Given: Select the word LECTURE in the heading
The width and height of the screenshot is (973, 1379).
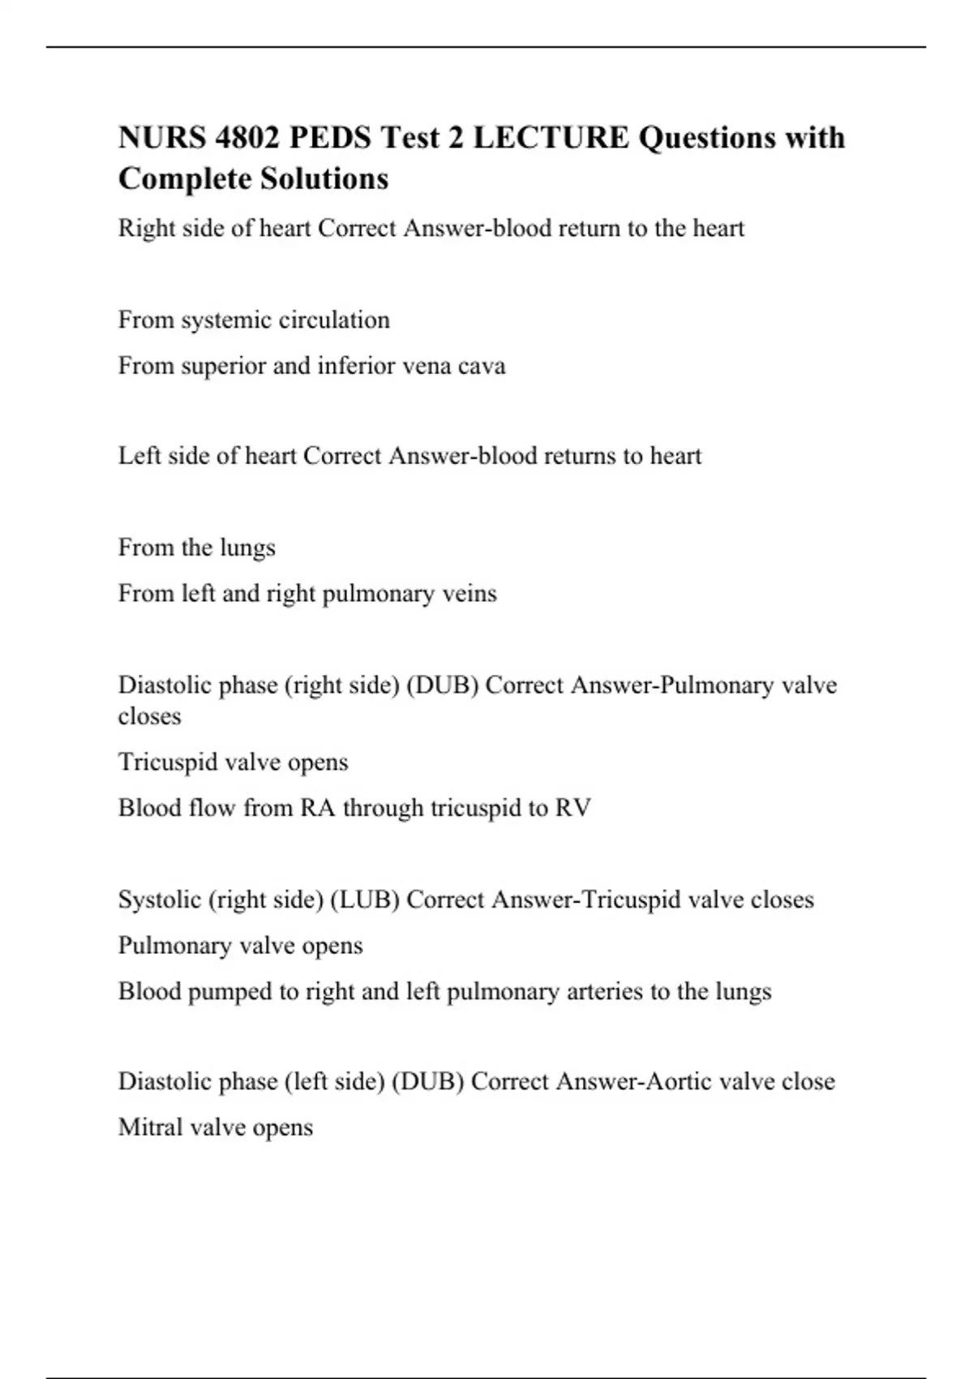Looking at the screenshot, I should pos(551,137).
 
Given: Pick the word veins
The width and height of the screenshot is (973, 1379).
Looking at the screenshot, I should pos(469,594).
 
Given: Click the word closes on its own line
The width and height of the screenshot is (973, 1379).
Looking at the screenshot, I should pos(149,716).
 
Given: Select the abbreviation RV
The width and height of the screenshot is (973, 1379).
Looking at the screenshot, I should pos(572,808).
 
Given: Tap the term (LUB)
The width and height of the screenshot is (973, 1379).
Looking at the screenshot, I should pos(365,900).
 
